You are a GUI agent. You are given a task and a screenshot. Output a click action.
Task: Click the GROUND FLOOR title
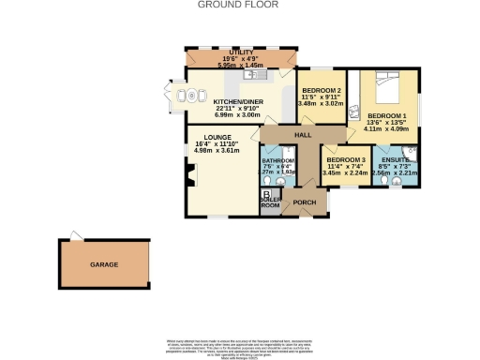[x=239, y=5]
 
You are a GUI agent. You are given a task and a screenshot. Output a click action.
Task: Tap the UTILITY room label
[x=230, y=52]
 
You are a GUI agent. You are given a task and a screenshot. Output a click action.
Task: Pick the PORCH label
[x=304, y=202]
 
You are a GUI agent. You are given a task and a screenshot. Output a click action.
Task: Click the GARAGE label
[x=104, y=265]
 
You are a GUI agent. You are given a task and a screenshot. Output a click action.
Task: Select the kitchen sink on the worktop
[x=264, y=74]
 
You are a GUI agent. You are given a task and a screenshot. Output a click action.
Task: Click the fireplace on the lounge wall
[x=190, y=174]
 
